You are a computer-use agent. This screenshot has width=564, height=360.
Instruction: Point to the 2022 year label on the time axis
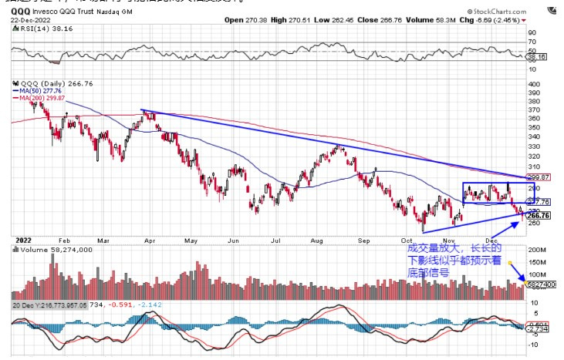22,241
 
